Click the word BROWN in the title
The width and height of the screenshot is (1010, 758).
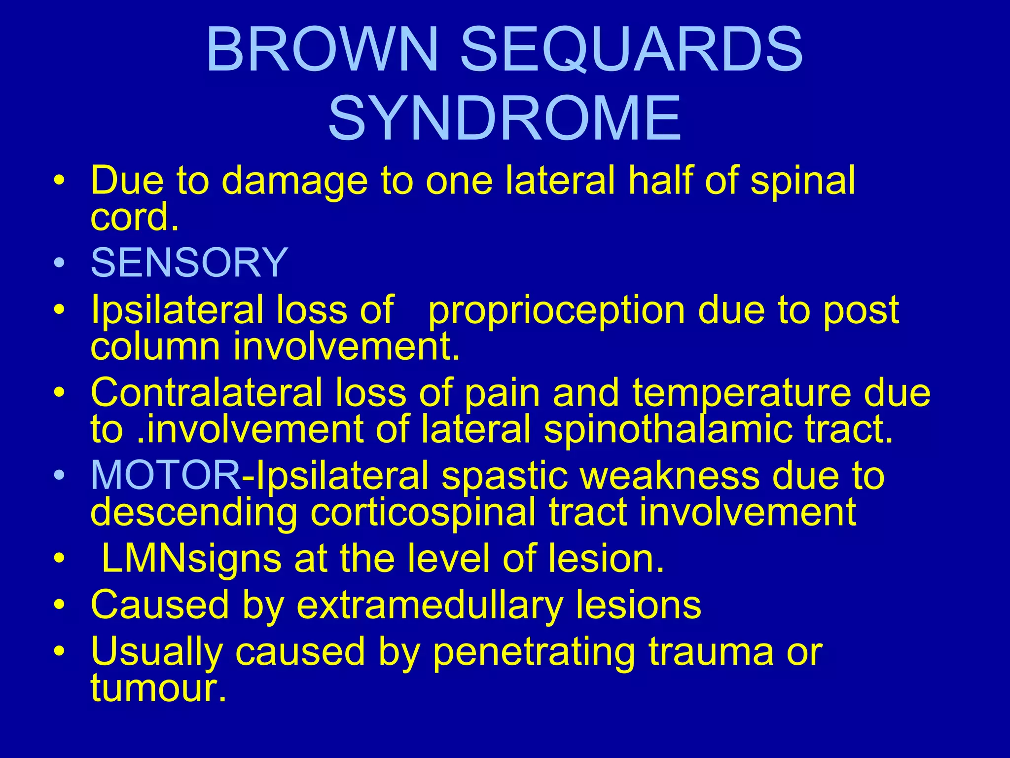click(322, 50)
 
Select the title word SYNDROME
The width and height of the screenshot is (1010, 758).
click(505, 119)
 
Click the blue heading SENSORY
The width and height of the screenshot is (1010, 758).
click(189, 262)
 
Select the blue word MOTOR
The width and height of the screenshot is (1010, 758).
click(166, 475)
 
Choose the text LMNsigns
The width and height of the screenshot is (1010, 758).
click(191, 559)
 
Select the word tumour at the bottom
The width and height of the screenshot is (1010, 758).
click(158, 688)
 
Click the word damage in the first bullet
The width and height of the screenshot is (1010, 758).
click(295, 182)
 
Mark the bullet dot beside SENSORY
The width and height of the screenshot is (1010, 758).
click(59, 263)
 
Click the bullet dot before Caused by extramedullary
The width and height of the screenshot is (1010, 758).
click(59, 605)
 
